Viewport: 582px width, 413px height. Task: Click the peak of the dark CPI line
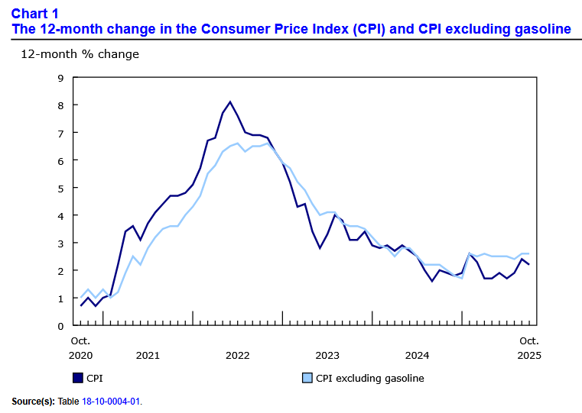click(x=230, y=102)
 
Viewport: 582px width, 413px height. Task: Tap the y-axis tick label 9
click(x=60, y=77)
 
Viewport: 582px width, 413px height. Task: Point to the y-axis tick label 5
click(x=60, y=188)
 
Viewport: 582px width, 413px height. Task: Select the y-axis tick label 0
click(x=60, y=326)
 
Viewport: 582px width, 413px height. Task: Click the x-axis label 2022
click(x=238, y=355)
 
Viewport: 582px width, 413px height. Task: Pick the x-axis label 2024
click(x=417, y=355)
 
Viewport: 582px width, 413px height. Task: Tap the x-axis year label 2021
click(x=147, y=355)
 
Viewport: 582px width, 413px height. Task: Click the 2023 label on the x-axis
click(x=327, y=355)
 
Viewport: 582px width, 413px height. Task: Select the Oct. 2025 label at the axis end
click(x=528, y=347)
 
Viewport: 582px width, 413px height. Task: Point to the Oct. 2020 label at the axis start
click(x=81, y=347)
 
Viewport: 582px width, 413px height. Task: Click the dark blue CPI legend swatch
click(x=76, y=378)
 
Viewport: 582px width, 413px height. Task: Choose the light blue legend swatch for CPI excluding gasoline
click(x=307, y=378)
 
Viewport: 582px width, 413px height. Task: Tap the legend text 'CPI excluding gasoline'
click(x=369, y=378)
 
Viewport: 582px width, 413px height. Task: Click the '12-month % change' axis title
click(x=80, y=54)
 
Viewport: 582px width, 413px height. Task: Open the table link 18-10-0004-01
click(x=115, y=401)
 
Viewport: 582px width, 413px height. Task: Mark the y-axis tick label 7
click(x=60, y=133)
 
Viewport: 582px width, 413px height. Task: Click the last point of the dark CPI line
click(x=528, y=265)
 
